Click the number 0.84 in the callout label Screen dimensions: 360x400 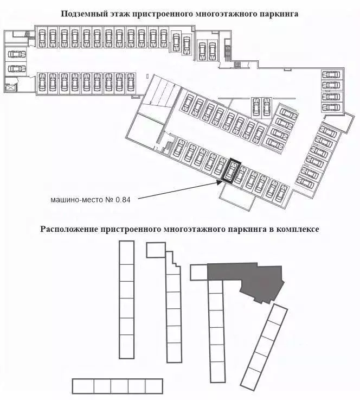pos(123,200)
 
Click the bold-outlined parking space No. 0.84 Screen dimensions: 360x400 pos(232,170)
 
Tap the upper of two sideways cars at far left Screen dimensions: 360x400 pos(17,54)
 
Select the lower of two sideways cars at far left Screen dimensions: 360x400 pos(17,68)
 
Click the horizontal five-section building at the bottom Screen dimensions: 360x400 pos(118,386)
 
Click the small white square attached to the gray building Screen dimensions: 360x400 pos(199,272)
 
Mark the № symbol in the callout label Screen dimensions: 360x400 pos(109,200)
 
